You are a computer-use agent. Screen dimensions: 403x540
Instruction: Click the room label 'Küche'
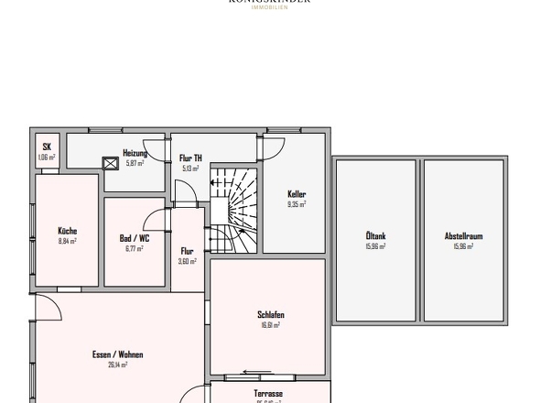[x=67, y=231]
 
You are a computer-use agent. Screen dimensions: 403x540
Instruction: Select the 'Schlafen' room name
[x=269, y=314]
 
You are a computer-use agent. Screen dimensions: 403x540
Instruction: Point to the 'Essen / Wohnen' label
[x=117, y=354]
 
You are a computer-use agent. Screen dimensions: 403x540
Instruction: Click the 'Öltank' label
[x=375, y=236]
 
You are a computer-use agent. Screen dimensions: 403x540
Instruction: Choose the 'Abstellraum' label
[x=463, y=236]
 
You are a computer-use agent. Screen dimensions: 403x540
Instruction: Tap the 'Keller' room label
[x=296, y=194]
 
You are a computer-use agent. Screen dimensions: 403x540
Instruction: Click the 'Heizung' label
[x=135, y=153]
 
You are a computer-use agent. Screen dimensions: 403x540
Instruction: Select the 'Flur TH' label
[x=190, y=158]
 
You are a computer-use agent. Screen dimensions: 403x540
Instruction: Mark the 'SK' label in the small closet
[x=47, y=147]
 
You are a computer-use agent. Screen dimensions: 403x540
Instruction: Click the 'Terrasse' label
[x=268, y=393]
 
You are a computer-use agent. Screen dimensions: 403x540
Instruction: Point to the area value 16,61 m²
[x=269, y=324]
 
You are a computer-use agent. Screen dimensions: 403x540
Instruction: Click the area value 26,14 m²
[x=117, y=365]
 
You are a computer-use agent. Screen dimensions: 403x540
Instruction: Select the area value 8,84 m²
[x=67, y=242]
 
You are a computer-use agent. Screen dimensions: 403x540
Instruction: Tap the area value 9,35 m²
[x=296, y=205]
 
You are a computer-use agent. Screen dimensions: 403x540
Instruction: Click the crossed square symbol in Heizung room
[x=112, y=164]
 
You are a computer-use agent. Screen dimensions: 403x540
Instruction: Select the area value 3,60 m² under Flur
[x=188, y=261]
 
